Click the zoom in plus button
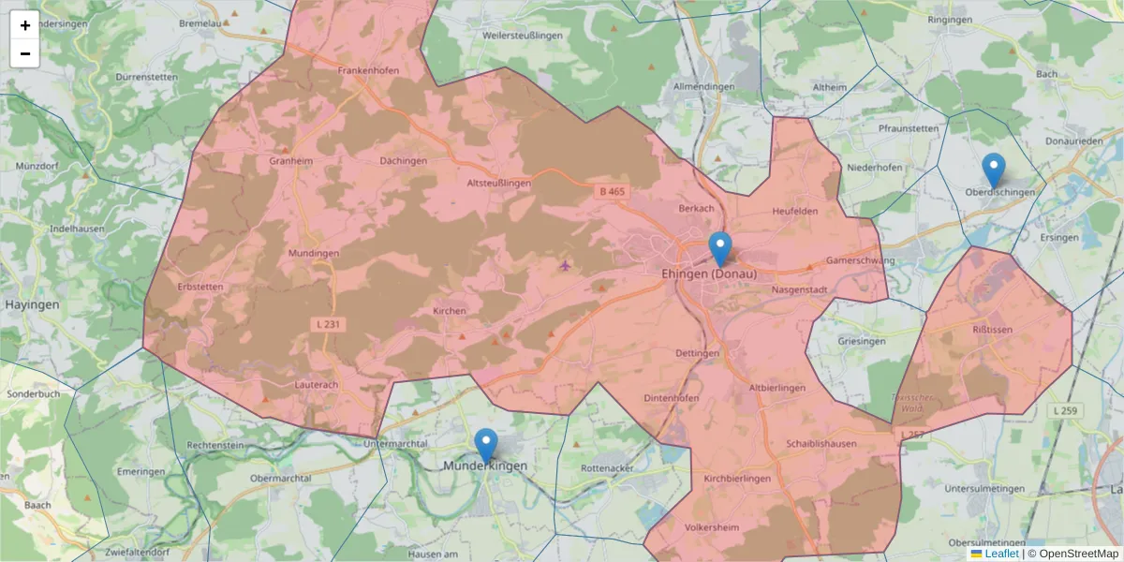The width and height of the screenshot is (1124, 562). coord(25,25)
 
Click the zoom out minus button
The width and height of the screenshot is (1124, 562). coord(25,53)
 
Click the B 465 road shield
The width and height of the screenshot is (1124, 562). coord(611,191)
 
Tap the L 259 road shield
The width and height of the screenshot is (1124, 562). coord(1064,410)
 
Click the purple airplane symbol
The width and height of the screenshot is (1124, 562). coord(565,265)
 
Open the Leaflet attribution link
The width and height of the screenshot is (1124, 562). coord(1001,554)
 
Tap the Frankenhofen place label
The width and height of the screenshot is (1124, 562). coord(368,70)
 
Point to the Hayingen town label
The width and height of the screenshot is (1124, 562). coord(32,304)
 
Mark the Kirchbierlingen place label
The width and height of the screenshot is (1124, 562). coord(736,479)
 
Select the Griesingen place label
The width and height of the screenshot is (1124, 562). coord(861,341)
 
